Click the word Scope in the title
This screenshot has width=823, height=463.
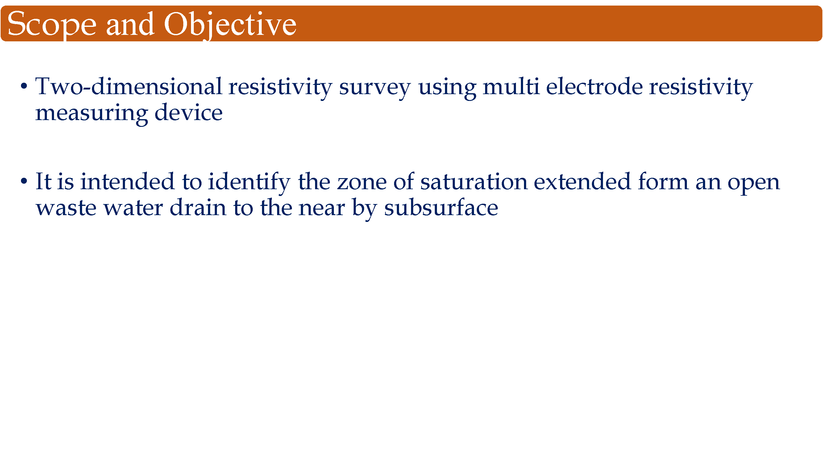click(x=52, y=25)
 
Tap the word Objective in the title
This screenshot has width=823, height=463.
click(x=230, y=25)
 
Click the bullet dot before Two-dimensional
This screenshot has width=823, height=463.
click(x=24, y=86)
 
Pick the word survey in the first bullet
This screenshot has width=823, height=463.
click(x=375, y=88)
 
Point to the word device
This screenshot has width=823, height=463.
click(x=189, y=112)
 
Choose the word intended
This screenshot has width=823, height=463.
click(x=127, y=181)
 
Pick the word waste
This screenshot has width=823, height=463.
click(x=66, y=209)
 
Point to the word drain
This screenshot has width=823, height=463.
click(x=198, y=207)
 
